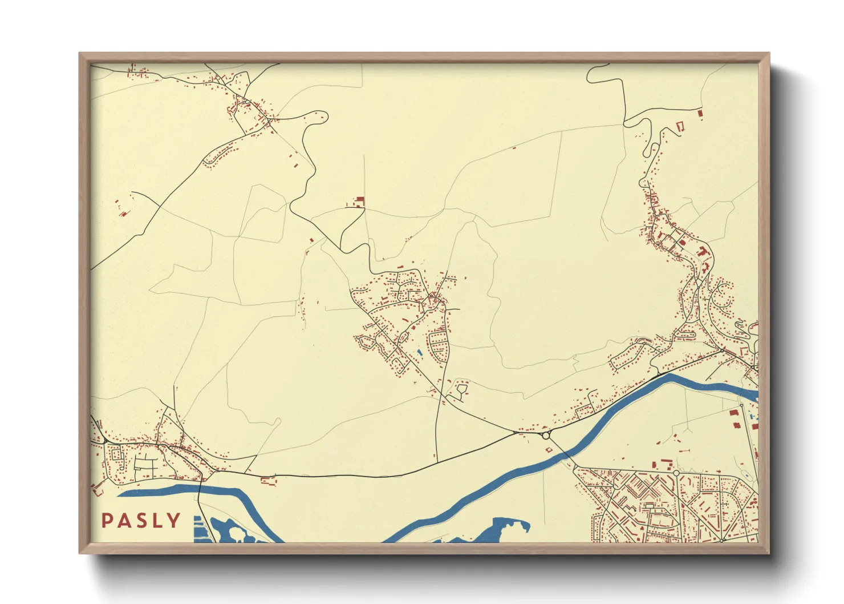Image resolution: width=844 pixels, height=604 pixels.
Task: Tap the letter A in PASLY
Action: point(125,521)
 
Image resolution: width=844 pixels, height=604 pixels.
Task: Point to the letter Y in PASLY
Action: point(174,521)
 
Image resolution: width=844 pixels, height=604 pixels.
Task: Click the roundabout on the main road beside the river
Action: point(546,436)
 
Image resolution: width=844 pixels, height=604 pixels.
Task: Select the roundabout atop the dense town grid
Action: point(676,473)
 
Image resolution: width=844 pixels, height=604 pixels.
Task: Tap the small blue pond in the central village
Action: point(420,353)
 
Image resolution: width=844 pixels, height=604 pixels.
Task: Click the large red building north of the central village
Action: point(359,200)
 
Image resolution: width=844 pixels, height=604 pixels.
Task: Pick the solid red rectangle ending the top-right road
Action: point(700,113)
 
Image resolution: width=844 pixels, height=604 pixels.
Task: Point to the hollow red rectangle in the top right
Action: point(679,125)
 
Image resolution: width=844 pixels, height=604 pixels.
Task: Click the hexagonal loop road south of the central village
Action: point(461,390)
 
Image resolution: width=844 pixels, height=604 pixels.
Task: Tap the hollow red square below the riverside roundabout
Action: point(549,450)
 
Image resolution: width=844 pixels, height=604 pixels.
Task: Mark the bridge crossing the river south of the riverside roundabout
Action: point(562,452)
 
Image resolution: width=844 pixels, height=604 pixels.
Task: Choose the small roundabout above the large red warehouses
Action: point(741,406)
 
